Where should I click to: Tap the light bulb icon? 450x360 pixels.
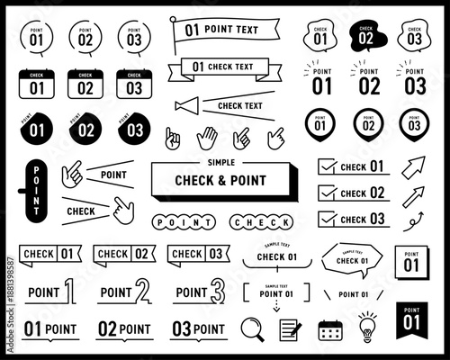[367, 327]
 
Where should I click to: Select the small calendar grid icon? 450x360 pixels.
[330, 329]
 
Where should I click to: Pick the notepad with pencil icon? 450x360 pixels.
[291, 329]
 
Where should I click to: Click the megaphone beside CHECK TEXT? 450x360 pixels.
[186, 105]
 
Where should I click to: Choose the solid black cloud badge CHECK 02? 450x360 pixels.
[365, 37]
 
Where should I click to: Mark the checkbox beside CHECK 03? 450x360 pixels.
[327, 219]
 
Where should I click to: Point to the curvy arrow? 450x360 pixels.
[415, 220]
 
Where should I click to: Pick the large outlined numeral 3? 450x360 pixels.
[216, 291]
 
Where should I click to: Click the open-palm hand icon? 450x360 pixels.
[208, 138]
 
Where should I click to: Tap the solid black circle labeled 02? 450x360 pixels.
[85, 129]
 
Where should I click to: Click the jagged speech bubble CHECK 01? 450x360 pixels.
[353, 261]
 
